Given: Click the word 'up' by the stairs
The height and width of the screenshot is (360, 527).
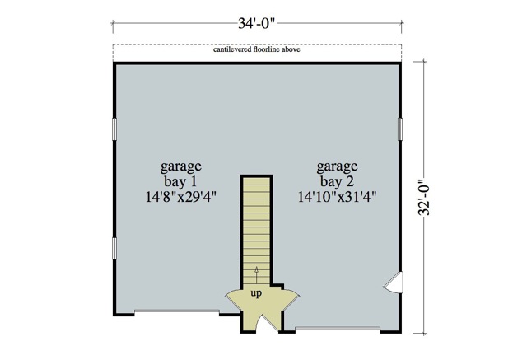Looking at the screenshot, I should tap(256, 293).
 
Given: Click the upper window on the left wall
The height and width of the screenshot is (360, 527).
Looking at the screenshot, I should tap(114, 129).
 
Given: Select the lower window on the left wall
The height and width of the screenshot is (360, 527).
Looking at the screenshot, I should tap(114, 246).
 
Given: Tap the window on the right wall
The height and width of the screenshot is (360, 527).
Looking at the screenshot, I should tap(399, 129).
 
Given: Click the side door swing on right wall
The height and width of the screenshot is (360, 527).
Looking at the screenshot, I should tap(394, 283).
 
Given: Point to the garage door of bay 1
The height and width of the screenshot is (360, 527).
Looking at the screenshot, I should tap(176, 312).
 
